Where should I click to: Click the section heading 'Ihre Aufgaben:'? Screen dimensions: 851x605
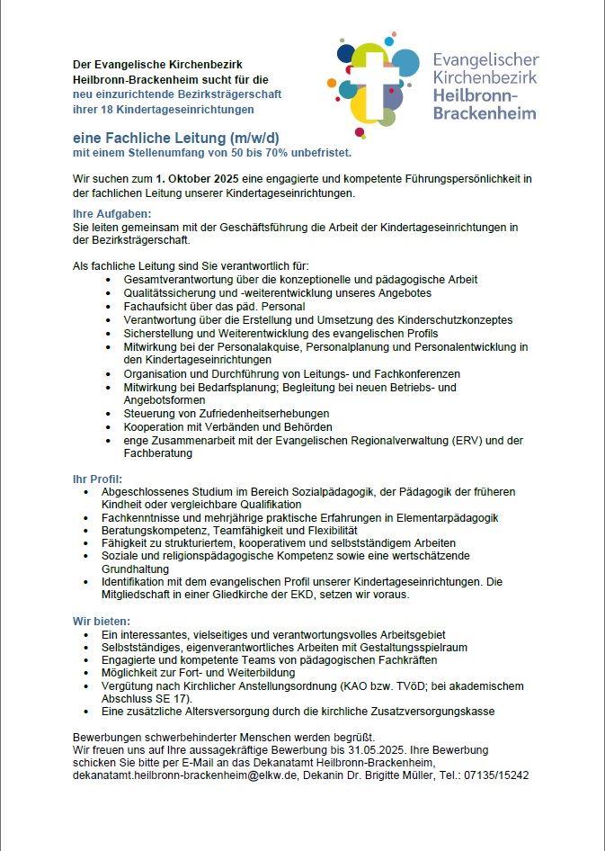tap(111, 214)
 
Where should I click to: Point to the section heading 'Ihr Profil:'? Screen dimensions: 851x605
tap(97, 479)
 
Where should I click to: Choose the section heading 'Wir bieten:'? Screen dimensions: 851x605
tap(102, 621)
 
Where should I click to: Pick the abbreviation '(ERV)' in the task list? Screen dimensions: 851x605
tap(464, 440)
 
